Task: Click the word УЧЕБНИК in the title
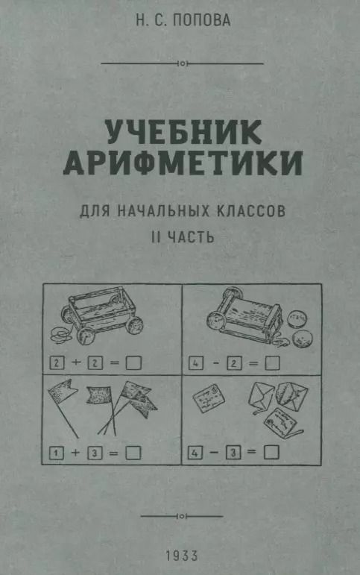coord(182,133)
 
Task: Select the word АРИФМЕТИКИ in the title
coord(183,163)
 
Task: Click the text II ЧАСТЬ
coord(182,237)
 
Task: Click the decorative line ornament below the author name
coord(182,64)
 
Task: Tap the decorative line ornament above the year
coord(182,515)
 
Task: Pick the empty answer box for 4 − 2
coord(273,363)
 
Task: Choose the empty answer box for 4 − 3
coord(272,451)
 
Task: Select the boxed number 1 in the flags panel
coord(55,451)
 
